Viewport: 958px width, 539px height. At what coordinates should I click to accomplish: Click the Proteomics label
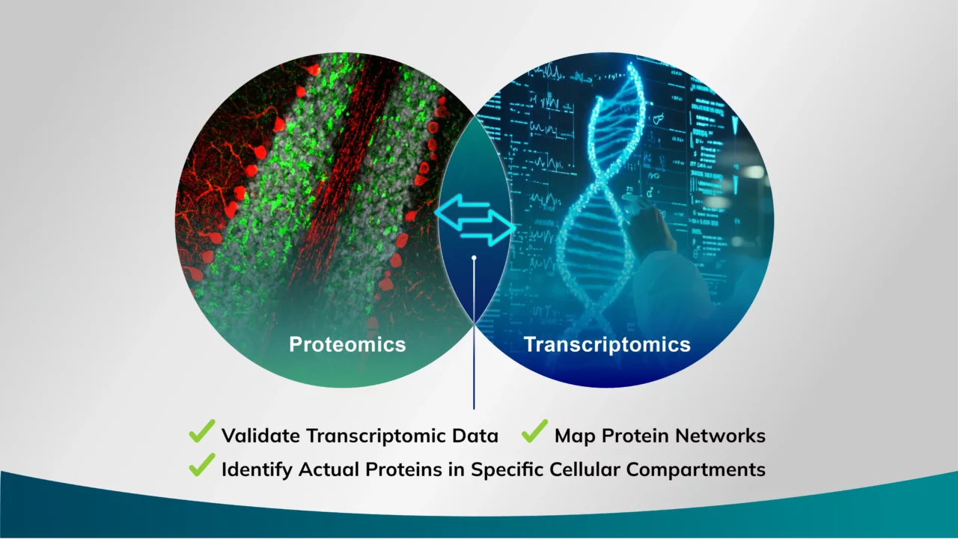[347, 344]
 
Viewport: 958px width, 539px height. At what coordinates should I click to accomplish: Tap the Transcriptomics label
[607, 345]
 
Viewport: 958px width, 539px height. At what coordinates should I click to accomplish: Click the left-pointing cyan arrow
[462, 210]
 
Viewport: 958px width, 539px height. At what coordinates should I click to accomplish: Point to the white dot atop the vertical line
[474, 258]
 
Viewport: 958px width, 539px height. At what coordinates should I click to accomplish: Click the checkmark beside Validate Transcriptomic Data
[202, 431]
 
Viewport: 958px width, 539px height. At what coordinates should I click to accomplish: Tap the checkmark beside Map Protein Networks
[534, 431]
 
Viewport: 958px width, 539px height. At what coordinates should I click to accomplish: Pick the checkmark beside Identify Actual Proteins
[202, 465]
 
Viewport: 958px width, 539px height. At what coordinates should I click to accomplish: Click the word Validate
[260, 436]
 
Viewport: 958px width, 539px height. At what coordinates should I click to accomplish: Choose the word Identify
[257, 469]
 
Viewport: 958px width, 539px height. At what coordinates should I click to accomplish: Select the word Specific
[507, 469]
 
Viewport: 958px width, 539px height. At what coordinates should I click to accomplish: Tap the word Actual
[329, 469]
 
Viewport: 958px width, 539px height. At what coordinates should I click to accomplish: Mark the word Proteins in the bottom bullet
[403, 469]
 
